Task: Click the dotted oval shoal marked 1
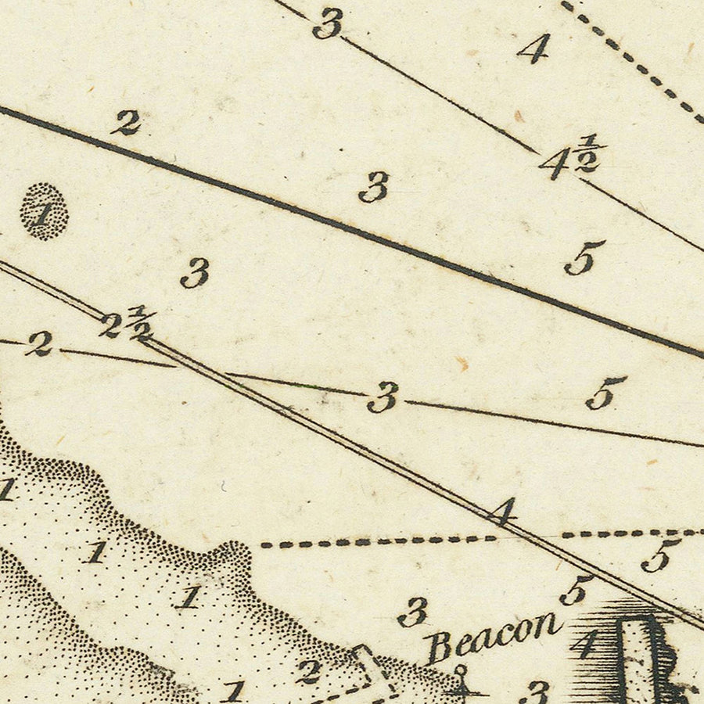pos(44,211)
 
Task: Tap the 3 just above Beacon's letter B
pos(413,612)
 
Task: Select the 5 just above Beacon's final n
pos(576,591)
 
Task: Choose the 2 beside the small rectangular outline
pos(308,670)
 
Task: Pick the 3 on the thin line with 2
pos(383,397)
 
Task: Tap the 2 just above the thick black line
pos(127,122)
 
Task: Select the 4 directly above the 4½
pos(534,49)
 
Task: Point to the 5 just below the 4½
pos(584,257)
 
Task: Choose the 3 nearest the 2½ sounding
pos(195,273)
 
